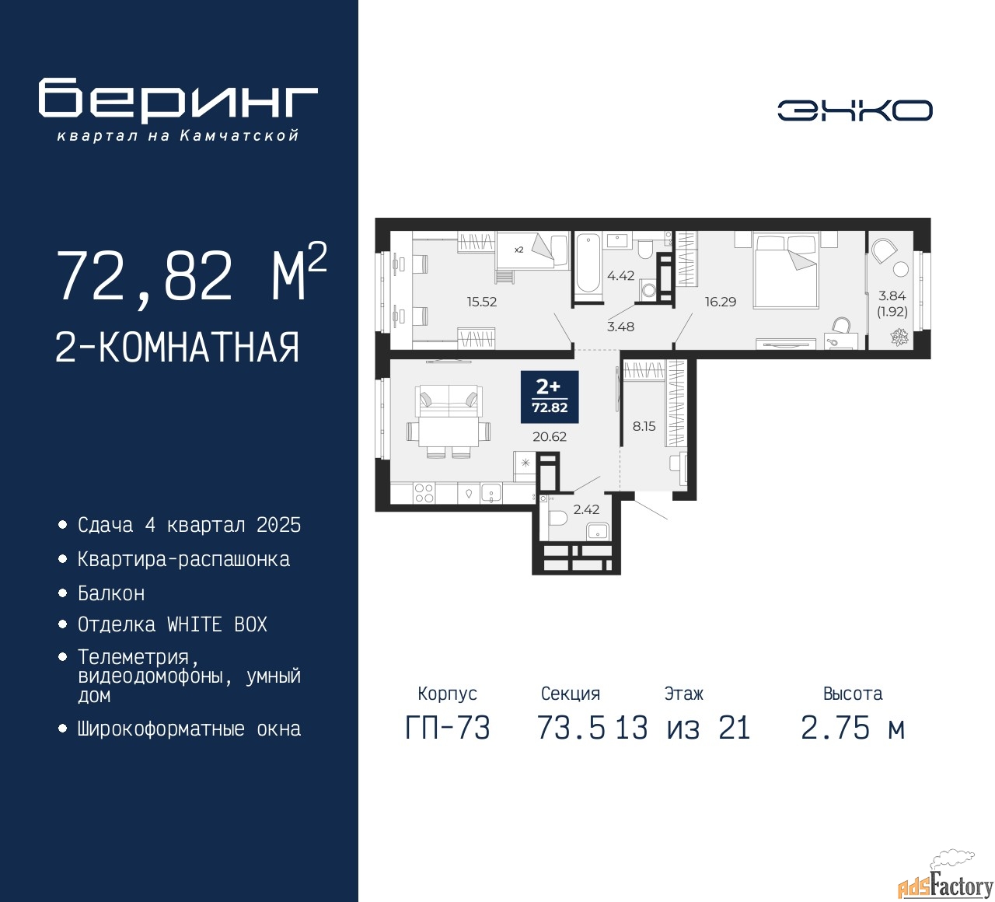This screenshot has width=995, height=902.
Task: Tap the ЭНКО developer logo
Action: pyautogui.click(x=854, y=110)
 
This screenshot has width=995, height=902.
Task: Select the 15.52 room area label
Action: pyautogui.click(x=482, y=301)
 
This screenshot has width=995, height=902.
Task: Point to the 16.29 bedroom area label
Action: pyautogui.click(x=721, y=301)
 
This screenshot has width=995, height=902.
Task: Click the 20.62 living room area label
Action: pyautogui.click(x=550, y=436)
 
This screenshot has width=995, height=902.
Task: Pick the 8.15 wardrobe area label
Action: pyautogui.click(x=644, y=425)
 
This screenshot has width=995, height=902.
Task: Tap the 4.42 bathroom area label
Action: pyautogui.click(x=621, y=275)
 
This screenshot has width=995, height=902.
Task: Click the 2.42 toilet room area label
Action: pyautogui.click(x=586, y=509)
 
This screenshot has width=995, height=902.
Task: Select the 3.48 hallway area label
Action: pyautogui.click(x=620, y=327)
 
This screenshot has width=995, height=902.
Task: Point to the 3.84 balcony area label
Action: pyautogui.click(x=892, y=295)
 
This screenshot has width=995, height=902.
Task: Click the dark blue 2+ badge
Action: pyautogui.click(x=550, y=397)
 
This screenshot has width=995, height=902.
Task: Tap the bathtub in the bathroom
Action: pyautogui.click(x=588, y=263)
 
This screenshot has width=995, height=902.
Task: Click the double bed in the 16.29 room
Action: pyautogui.click(x=784, y=271)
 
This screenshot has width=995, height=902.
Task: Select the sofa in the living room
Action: pyautogui.click(x=449, y=400)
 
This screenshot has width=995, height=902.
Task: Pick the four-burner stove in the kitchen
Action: pyautogui.click(x=424, y=493)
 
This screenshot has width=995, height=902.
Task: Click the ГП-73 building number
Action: pyautogui.click(x=448, y=729)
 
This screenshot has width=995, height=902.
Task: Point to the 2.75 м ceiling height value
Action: pyautogui.click(x=853, y=729)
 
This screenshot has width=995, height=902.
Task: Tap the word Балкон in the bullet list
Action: pyautogui.click(x=111, y=593)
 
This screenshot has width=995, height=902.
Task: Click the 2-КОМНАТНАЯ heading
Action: pyautogui.click(x=177, y=348)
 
